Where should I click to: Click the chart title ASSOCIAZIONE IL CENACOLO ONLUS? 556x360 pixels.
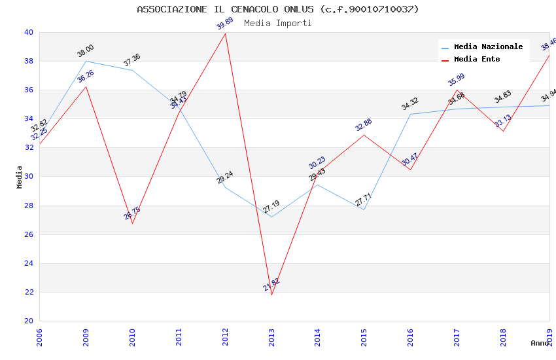coord(277,9)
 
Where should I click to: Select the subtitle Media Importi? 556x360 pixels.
coord(277,23)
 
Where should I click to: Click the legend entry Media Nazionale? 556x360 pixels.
coord(488,46)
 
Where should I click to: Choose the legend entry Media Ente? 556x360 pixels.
coord(477,59)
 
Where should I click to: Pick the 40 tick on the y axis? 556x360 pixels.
coord(29,32)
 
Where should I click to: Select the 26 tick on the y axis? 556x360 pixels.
coord(29,234)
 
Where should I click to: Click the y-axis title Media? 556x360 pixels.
coord(20,177)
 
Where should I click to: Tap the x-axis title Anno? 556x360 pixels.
coord(540,343)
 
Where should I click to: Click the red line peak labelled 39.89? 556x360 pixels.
coord(226,33)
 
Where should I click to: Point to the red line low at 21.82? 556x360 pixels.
coord(271,295)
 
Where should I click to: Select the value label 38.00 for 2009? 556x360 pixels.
coord(86,50)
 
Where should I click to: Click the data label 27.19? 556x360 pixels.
coord(271,207)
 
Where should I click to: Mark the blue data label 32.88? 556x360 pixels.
coord(364,124)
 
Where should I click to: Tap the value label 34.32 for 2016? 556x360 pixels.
coord(410,103)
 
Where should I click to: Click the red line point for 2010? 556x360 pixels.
coord(133,223)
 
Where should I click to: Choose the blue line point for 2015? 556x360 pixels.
coord(364,209)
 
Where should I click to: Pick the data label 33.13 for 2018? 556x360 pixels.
coord(503,120)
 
